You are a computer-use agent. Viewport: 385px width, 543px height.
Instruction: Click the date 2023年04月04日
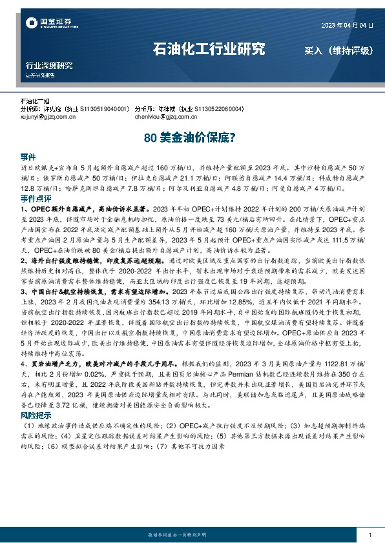click(x=347, y=25)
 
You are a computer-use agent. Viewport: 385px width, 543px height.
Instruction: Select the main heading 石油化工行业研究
click(x=209, y=48)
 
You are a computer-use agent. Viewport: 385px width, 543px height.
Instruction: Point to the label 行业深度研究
click(x=49, y=66)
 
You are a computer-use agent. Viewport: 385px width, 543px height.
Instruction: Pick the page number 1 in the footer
click(x=369, y=534)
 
